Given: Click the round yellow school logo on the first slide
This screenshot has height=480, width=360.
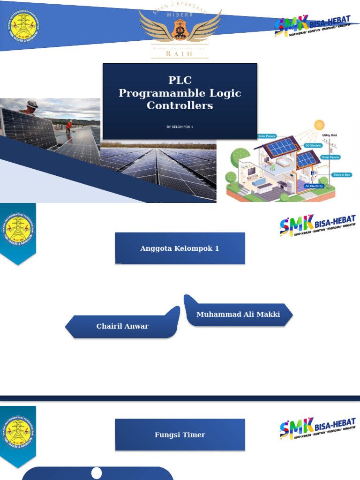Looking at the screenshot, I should tap(23, 26).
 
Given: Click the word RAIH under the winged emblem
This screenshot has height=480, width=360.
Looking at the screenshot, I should tap(180, 54).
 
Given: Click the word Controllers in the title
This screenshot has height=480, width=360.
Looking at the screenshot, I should tap(180, 105).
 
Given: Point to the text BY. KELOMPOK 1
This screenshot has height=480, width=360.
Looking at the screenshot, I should tap(180, 127).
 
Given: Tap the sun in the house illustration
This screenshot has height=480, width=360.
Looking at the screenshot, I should tap(319, 125).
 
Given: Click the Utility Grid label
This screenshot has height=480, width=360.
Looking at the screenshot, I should tap(330, 135).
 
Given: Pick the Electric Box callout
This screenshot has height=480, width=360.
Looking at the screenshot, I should tap(341, 175).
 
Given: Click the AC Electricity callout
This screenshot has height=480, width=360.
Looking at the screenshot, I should tap(314, 186).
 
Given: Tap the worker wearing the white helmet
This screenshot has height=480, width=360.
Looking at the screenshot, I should tap(31, 107).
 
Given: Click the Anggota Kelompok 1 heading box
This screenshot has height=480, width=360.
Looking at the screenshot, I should tap(180, 248).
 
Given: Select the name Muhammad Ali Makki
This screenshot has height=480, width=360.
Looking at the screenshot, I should tap(238, 315).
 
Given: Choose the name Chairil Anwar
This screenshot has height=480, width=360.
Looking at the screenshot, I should tap(122, 326).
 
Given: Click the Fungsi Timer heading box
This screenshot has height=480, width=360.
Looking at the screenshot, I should tap(180, 435).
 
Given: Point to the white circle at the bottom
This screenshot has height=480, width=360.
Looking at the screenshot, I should tap(97, 473).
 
